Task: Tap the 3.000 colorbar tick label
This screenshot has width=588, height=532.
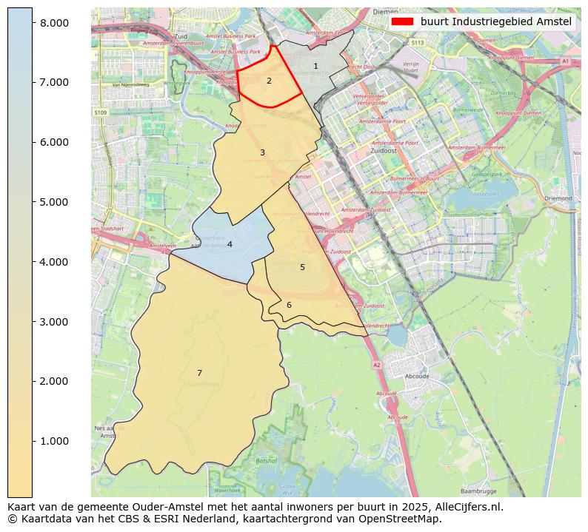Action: (54, 322)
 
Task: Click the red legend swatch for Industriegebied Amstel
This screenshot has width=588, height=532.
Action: (403, 22)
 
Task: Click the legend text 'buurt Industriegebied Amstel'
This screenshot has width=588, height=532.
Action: (495, 22)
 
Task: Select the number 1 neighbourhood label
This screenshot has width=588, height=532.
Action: (315, 67)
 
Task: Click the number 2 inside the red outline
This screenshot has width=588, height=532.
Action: (269, 81)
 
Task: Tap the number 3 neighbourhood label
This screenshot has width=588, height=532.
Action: (262, 153)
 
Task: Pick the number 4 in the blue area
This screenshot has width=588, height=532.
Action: (230, 244)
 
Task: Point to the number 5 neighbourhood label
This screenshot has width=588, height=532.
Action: (302, 267)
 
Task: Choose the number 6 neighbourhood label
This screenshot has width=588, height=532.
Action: (289, 305)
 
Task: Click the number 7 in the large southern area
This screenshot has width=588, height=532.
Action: (199, 373)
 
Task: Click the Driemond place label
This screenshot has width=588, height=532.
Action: (558, 198)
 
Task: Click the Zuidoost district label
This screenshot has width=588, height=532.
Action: (383, 150)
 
